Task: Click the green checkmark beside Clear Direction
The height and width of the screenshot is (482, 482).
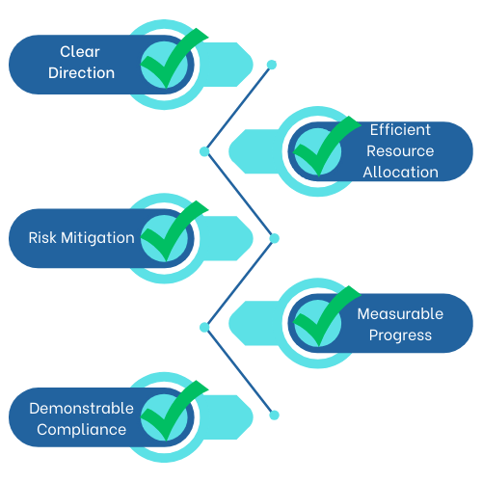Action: [x=172, y=60]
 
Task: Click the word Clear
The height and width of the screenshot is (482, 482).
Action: [x=80, y=51]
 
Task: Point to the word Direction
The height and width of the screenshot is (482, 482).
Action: [x=80, y=73]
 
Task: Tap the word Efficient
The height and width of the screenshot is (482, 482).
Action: [x=400, y=129]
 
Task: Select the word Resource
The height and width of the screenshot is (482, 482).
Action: [x=400, y=151]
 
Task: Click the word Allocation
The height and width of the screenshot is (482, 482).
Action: [x=400, y=174]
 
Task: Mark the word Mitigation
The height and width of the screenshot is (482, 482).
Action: [x=100, y=237]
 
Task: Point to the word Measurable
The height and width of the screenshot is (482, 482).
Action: [x=400, y=314]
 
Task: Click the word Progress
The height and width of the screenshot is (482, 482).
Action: [x=400, y=336]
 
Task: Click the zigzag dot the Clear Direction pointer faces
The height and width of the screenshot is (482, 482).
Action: [x=272, y=65]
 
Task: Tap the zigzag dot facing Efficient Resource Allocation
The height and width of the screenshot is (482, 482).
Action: [x=204, y=150]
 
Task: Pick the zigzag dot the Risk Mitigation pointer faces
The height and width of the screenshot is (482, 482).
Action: [x=274, y=237]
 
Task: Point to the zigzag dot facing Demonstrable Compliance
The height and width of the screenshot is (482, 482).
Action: [x=274, y=415]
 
